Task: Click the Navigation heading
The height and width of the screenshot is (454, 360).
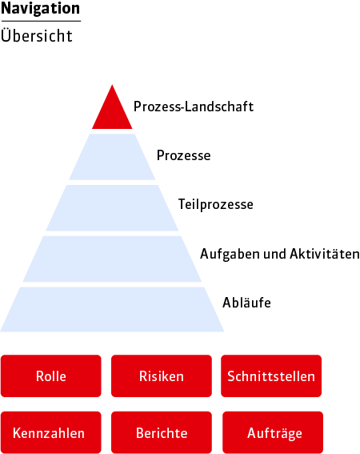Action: coord(41,9)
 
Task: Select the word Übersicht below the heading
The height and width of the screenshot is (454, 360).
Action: coord(37,35)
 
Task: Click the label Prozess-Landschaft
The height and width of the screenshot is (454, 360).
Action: coord(194,106)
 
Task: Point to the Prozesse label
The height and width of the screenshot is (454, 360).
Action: coord(183,155)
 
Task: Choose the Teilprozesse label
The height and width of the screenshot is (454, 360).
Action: coord(215,204)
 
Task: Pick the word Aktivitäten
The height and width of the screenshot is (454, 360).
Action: coord(325,254)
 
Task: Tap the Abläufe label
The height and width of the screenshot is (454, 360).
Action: coord(246,303)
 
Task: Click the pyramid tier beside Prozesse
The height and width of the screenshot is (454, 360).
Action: coord(112,157)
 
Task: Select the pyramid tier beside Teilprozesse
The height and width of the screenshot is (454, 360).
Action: coord(112,208)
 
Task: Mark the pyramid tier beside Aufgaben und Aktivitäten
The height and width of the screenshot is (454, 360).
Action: coord(112,259)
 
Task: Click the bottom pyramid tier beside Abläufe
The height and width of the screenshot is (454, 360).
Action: coord(112,310)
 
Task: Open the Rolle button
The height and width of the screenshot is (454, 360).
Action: coord(51,376)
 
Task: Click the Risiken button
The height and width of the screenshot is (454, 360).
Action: coord(162,376)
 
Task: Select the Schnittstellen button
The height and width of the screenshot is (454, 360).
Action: coord(271,376)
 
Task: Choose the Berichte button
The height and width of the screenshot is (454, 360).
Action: coord(162,432)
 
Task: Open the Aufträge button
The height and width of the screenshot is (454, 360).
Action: coord(273,432)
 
